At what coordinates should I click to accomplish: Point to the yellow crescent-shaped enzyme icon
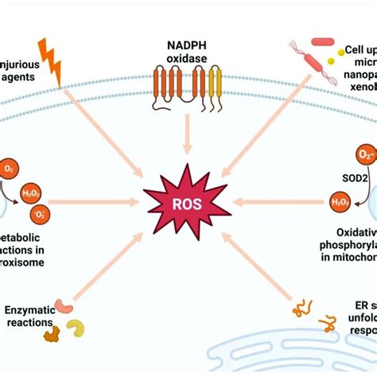tap(76, 330)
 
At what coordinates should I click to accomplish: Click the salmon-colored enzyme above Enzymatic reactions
tap(64, 305)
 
